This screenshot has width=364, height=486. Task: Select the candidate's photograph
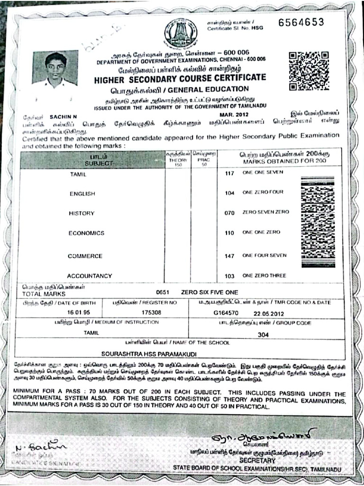point(55,67)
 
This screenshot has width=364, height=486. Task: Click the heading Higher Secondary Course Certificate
point(180,78)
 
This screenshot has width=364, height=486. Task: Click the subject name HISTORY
point(82,214)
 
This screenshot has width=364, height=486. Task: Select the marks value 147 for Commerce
point(230,256)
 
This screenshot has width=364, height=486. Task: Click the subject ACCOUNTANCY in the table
point(90,276)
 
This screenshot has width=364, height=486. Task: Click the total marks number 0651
point(162,292)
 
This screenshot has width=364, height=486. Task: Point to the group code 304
point(264,334)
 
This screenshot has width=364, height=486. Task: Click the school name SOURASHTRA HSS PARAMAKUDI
point(142,354)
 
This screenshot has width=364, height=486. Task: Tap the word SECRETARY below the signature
point(257,460)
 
